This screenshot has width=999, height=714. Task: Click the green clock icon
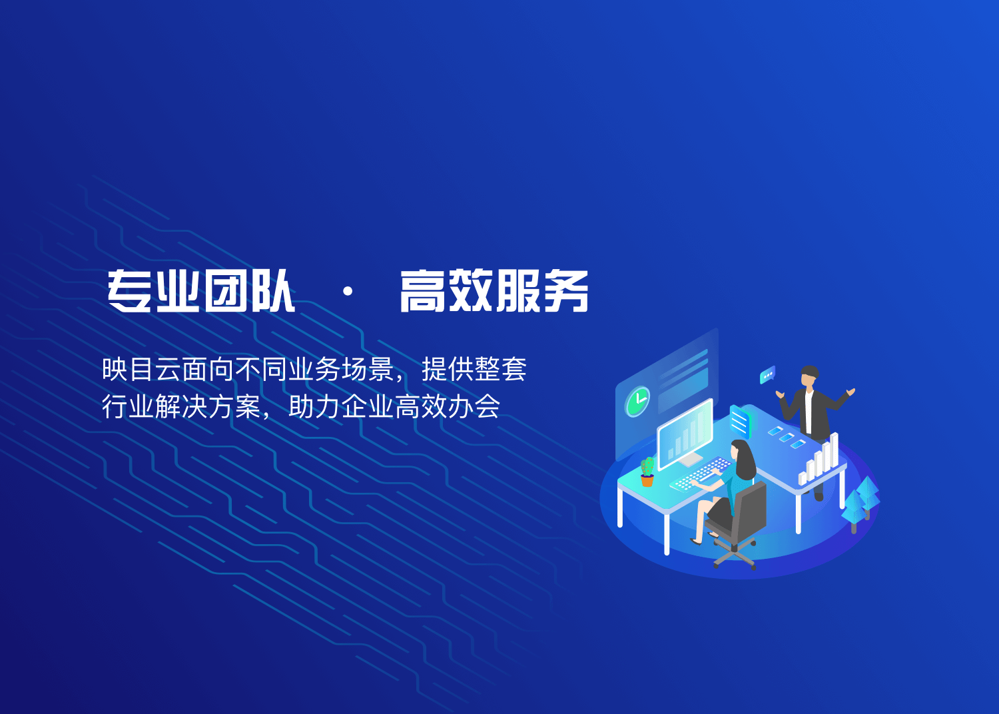637,402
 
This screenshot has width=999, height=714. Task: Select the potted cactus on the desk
647,472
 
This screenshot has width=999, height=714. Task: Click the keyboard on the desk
701,474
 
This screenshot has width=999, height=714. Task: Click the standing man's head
809,377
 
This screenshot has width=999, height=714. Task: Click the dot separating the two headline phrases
348,292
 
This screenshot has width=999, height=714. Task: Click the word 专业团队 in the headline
200,291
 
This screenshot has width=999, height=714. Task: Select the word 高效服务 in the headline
494,291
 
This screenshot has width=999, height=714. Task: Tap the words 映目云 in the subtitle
141,369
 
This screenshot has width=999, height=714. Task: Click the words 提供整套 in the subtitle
474,369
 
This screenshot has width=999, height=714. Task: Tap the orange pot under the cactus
647,481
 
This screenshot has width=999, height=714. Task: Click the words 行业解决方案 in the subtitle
181,406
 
